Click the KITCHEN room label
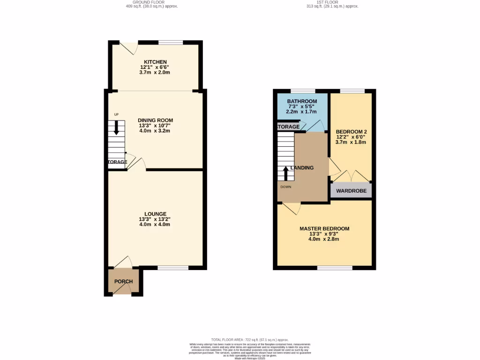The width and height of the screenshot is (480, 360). [155, 62]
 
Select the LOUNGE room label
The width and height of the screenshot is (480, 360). [155, 214]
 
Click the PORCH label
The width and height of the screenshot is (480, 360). [124, 282]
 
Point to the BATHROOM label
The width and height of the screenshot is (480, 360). [302, 101]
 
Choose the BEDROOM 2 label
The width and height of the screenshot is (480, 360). [351, 132]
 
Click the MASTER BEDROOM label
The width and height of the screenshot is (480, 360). [324, 229]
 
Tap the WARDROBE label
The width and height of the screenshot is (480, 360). [351, 191]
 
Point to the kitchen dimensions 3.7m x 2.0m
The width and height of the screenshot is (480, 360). [155, 73]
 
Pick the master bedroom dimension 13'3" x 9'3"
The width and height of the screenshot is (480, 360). [323, 234]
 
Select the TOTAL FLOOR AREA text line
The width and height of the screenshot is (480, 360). [249, 339]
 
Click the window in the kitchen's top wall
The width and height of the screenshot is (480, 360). [171, 43]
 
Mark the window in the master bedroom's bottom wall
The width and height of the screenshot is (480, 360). [335, 268]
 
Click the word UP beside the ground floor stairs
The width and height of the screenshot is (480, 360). [116, 114]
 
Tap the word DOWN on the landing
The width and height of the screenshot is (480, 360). [285, 187]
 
